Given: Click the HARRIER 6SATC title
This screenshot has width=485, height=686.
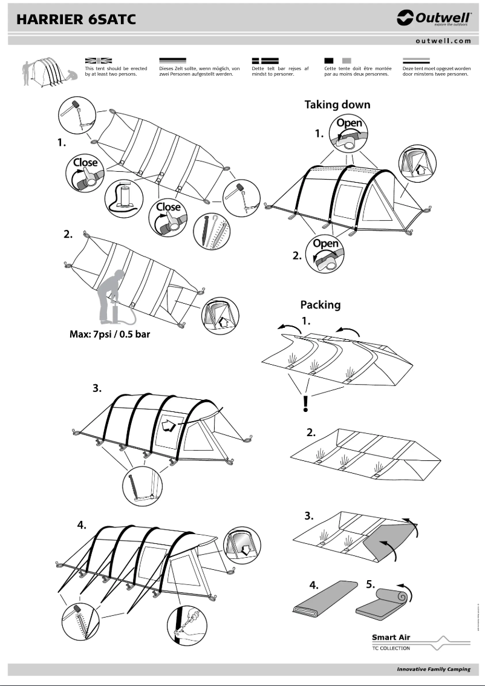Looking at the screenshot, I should tap(76, 19).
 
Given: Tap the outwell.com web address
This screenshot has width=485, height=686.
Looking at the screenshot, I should tap(443, 41).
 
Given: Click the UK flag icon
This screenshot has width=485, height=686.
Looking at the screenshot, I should tap(99, 60).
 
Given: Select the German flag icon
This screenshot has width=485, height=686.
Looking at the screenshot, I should tap(172, 60).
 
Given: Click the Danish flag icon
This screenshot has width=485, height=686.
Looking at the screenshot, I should tap(264, 60).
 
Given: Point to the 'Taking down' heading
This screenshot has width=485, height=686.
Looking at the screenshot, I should tap(337, 105).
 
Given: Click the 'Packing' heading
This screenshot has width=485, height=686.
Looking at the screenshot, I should tap(321, 304).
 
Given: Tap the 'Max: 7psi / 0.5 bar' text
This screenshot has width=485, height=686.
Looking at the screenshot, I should tap(109, 334).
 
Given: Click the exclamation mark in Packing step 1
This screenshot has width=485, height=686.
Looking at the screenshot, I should tap(306, 403).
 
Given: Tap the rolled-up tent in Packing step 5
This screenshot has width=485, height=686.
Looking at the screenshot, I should tap(385, 602).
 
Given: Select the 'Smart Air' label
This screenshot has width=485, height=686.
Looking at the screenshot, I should tap(391, 637).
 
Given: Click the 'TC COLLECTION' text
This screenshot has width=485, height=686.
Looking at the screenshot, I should tap(391, 648).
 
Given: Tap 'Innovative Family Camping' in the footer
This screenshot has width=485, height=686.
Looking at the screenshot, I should tap(434, 670).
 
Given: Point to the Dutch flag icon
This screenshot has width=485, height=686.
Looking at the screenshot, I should tap(415, 60).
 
